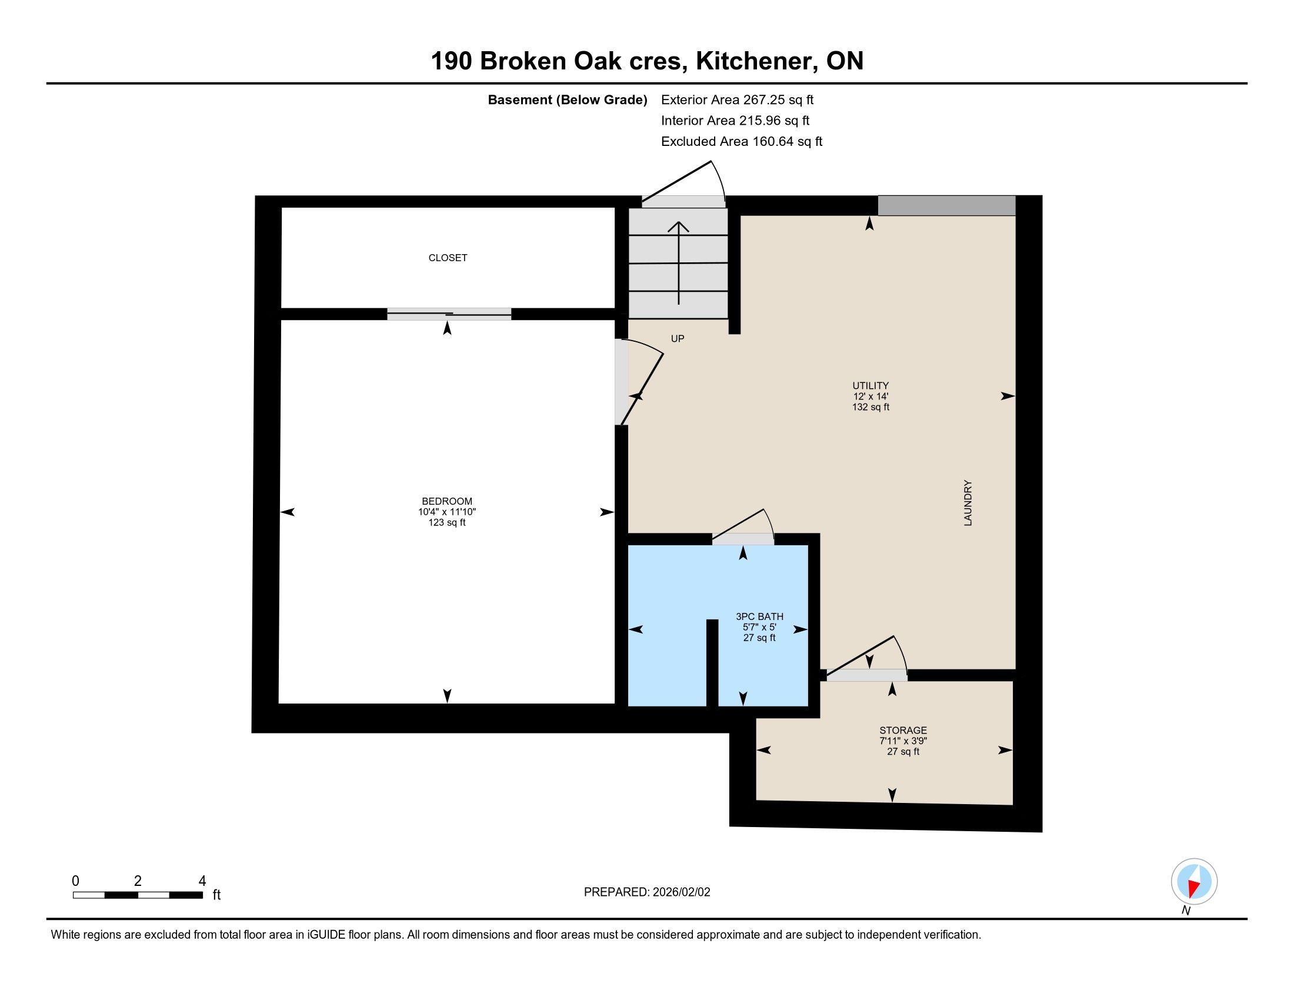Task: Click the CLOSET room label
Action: [448, 258]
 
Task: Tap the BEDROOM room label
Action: [447, 501]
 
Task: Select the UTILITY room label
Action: [871, 386]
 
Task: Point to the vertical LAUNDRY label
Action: [968, 502]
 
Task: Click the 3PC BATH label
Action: [759, 616]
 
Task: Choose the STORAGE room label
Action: [903, 731]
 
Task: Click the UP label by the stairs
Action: [677, 339]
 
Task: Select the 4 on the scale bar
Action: [202, 881]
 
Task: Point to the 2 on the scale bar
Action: [138, 881]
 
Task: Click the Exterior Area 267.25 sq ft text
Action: [737, 99]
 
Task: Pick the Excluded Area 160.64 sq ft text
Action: [741, 141]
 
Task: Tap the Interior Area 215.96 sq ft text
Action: [735, 120]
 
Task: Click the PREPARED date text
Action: [646, 892]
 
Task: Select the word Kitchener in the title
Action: [753, 61]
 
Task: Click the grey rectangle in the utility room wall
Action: [946, 205]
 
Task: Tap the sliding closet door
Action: [449, 314]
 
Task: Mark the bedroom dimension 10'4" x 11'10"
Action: [447, 512]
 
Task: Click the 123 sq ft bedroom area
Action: [447, 522]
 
